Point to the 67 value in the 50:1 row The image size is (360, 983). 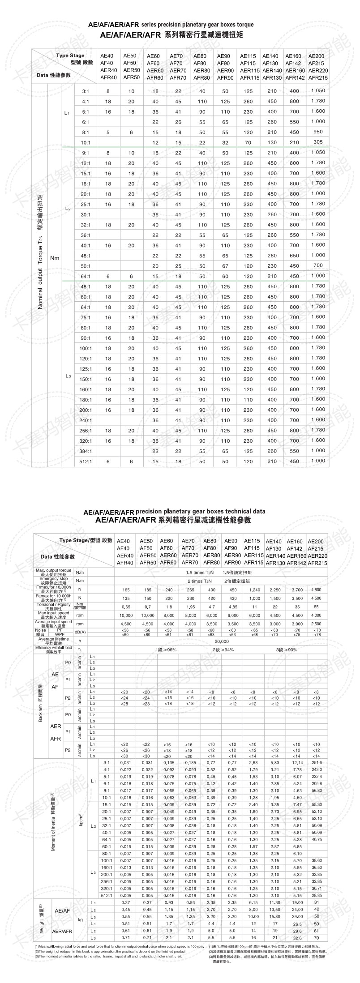coord(225,266)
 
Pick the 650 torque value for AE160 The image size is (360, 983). coord(294,256)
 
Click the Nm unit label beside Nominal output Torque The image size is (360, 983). coord(55,258)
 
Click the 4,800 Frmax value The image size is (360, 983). coord(316,590)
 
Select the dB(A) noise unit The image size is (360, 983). coord(80,632)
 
